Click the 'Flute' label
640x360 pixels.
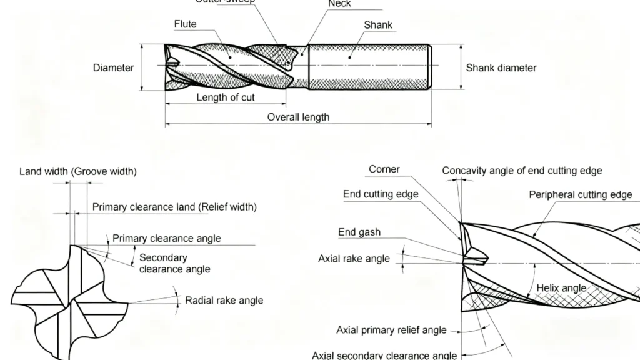185,24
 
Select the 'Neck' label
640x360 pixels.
340,4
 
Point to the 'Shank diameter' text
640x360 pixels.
501,67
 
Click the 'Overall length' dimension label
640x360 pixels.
298,117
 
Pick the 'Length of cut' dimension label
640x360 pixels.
226,97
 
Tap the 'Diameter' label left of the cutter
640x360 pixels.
113,67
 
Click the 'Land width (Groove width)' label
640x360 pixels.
78,171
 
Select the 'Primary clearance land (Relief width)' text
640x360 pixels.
174,207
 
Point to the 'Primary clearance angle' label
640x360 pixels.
166,238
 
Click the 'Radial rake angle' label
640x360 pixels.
224,301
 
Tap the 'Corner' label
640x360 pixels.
384,169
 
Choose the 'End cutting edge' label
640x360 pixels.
381,194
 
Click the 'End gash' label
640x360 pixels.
359,232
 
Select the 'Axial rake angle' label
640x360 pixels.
354,258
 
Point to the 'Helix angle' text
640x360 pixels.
562,288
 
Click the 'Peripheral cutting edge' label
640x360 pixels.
581,195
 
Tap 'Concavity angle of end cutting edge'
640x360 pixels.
522,171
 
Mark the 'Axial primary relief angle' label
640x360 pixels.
391,330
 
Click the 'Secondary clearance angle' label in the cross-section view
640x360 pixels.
174,263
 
